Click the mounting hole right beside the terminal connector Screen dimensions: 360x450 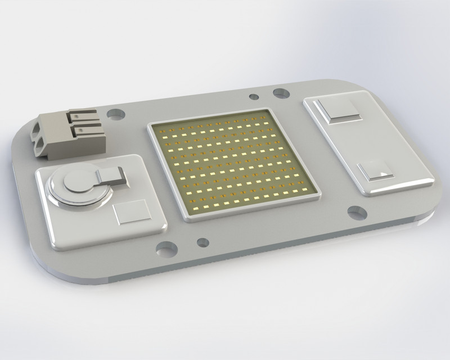(115, 114)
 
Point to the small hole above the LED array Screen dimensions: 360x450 (254, 97)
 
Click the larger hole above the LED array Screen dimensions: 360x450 (281, 93)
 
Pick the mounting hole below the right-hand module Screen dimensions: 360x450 (357, 213)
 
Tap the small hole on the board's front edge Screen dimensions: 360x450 (202, 242)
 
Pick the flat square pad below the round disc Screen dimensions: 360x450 (132, 213)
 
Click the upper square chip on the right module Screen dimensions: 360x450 (338, 110)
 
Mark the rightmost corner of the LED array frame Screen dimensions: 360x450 (319, 194)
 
